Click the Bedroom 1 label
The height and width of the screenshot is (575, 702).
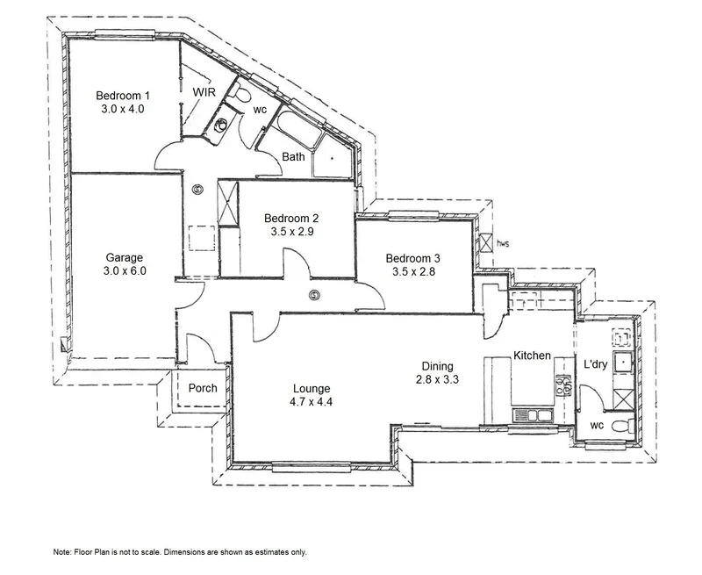[x=123, y=95]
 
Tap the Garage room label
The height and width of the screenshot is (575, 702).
[x=125, y=257]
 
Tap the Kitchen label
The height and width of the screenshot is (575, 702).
[x=532, y=356]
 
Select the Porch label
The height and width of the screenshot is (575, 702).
[x=202, y=388]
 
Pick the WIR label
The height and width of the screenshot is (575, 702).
[x=204, y=91]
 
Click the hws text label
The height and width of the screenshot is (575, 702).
[x=503, y=243]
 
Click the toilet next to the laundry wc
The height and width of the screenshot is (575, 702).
[x=621, y=428]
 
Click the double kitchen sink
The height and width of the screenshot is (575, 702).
[x=531, y=413]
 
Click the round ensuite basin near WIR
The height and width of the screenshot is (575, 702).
[x=221, y=124]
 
